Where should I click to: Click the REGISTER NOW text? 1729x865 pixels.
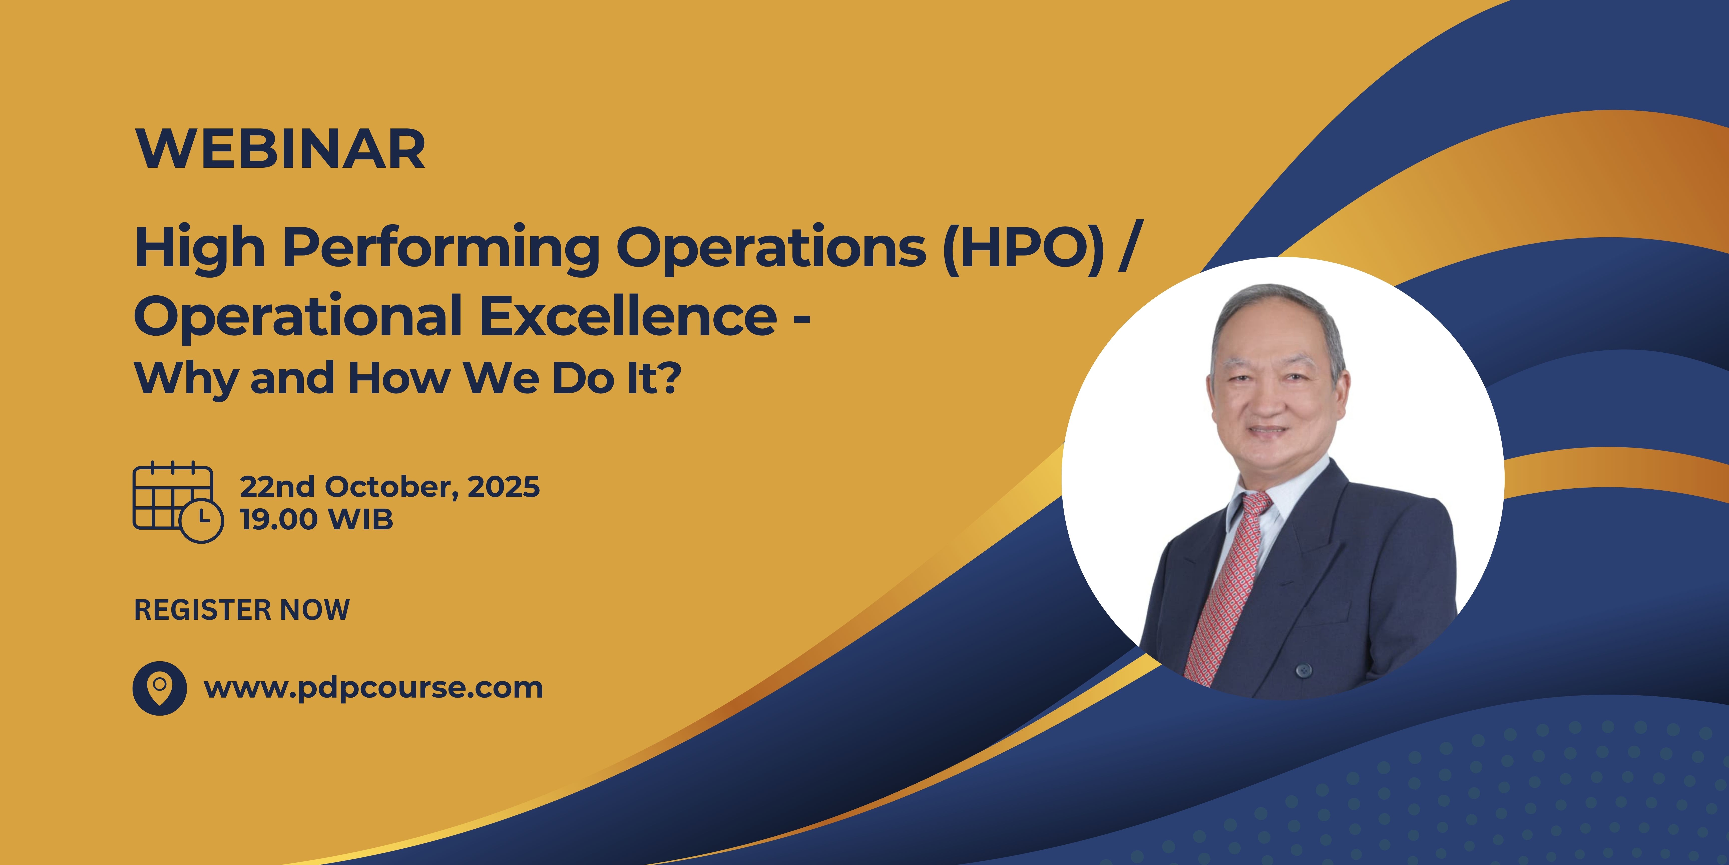242,610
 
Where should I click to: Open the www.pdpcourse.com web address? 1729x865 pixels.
373,688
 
